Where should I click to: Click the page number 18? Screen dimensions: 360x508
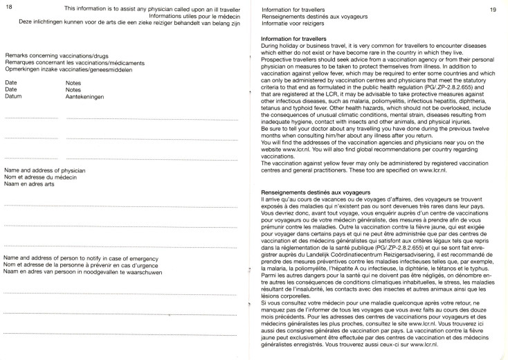8,7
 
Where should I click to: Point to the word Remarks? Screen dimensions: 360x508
17,55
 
